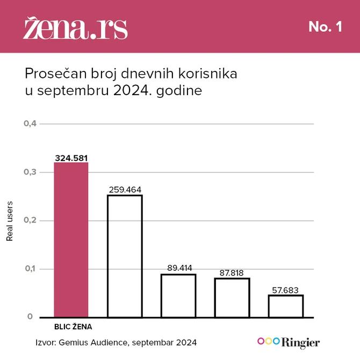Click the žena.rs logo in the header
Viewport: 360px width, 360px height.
point(75,28)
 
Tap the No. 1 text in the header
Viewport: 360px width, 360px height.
point(325,27)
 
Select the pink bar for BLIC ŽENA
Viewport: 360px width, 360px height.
point(71,240)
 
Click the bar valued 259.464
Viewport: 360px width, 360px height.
point(125,256)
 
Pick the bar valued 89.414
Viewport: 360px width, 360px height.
point(178,296)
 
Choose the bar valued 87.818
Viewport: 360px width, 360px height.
point(232,297)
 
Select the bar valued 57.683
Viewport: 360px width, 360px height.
point(286,306)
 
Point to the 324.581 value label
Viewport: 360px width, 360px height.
point(71,158)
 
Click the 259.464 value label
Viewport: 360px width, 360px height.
point(125,190)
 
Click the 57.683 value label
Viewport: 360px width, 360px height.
point(286,289)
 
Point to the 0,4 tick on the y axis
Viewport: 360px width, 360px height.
point(30,124)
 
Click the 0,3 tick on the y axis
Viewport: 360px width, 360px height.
point(30,172)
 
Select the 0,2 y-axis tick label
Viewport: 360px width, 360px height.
point(30,220)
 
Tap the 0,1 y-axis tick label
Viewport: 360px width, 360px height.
point(30,269)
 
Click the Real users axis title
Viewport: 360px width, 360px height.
point(9,221)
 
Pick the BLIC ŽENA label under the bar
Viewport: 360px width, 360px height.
point(71,326)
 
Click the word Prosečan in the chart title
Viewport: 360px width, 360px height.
point(51,73)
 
